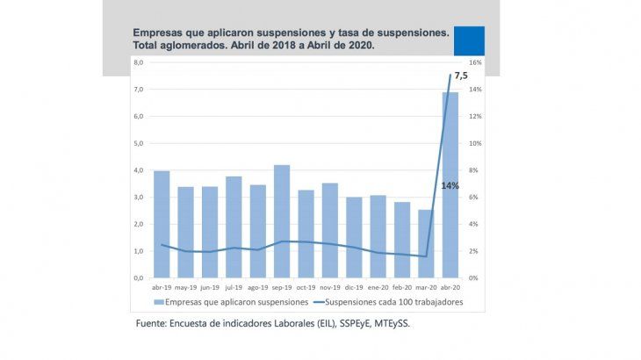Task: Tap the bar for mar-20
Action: [426, 243]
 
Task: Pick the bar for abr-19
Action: [162, 224]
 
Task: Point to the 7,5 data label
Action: [461, 77]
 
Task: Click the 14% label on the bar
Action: [450, 185]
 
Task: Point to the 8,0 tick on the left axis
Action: [138, 63]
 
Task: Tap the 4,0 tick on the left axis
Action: [138, 170]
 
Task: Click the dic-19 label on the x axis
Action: [354, 286]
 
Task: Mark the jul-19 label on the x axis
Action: [234, 286]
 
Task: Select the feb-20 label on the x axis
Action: [401, 286]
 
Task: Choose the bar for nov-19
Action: [329, 230]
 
